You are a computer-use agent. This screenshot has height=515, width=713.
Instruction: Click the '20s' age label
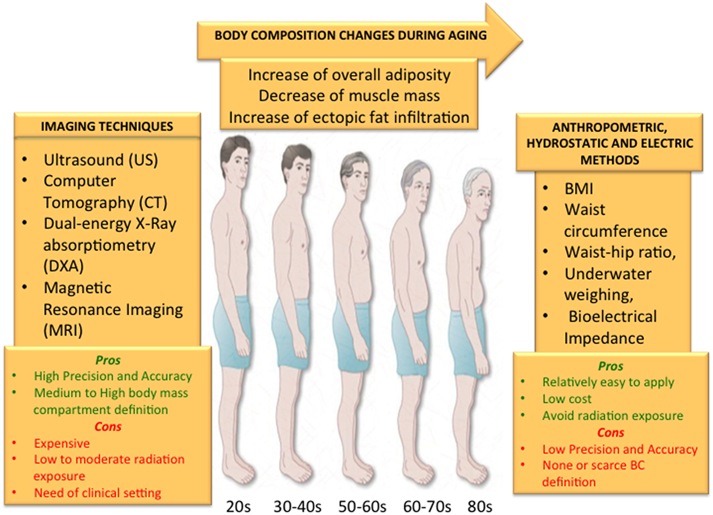(238, 506)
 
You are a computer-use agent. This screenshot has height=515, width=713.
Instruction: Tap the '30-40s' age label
(297, 506)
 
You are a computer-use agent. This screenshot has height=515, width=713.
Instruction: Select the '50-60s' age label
(362, 506)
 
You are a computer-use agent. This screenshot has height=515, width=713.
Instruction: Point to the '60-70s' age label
(427, 506)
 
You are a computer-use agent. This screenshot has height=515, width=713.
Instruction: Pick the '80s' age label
(480, 506)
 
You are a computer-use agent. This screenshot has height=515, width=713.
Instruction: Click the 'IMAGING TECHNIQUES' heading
(107, 126)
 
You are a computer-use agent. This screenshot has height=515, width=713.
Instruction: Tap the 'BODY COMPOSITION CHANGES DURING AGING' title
(350, 35)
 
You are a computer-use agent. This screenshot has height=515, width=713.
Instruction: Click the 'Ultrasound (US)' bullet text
(101, 159)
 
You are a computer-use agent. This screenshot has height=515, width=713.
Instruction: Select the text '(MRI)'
(63, 330)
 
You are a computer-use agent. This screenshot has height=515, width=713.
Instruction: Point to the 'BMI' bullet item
(579, 189)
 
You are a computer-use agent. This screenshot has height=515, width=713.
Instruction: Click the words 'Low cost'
(567, 399)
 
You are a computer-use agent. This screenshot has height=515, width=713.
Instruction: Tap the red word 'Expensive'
(62, 443)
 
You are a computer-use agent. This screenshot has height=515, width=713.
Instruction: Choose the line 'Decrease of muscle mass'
(349, 96)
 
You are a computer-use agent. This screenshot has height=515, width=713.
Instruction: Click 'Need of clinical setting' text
(98, 493)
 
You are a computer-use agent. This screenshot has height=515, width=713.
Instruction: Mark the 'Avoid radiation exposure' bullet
(612, 415)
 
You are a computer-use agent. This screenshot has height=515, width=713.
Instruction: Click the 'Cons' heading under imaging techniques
(108, 426)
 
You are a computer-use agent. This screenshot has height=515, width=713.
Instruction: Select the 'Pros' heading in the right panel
(610, 366)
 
